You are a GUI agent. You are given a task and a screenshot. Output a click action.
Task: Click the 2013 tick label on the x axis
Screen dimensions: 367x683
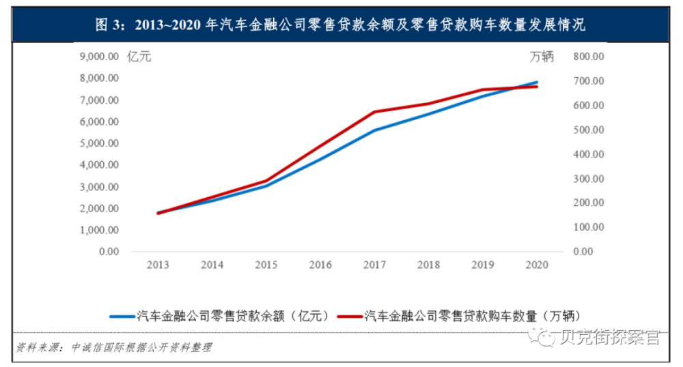pos(158,264)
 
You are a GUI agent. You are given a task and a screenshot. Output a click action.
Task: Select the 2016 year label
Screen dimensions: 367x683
pos(320,264)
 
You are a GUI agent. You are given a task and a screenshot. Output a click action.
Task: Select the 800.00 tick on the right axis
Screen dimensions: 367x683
pos(587,57)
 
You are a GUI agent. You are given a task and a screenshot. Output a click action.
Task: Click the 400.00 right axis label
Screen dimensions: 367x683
pos(587,154)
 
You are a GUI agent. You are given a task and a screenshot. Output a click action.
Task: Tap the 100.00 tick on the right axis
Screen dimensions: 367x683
pos(587,227)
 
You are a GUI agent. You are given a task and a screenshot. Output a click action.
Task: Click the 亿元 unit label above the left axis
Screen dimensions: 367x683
pos(139,57)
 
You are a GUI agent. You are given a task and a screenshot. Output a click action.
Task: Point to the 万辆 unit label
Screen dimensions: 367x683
pos(542,57)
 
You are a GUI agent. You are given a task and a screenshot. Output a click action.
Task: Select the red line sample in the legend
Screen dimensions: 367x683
pos(349,315)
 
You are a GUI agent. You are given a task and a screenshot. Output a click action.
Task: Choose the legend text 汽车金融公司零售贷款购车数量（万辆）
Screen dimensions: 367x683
pos(472,315)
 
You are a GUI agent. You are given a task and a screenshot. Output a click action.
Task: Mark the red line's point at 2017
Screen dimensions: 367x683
pos(374,112)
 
